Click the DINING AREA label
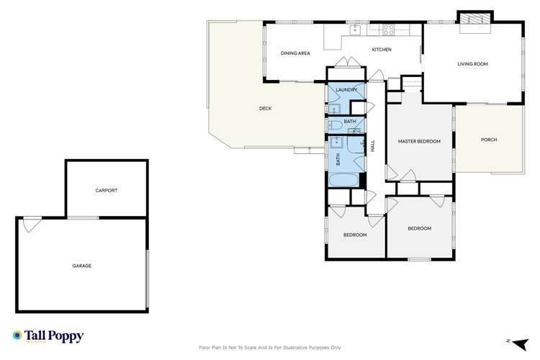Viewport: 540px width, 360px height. click(x=295, y=53)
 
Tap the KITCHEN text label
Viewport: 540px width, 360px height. click(x=381, y=49)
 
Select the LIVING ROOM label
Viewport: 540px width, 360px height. click(x=472, y=64)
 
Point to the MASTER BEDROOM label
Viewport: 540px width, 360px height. click(x=419, y=141)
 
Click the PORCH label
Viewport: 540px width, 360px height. click(x=489, y=140)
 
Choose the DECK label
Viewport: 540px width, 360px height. click(x=266, y=109)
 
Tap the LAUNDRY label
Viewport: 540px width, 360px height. click(x=346, y=89)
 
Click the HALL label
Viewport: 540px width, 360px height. click(x=373, y=145)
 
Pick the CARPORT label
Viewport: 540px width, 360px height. click(x=106, y=191)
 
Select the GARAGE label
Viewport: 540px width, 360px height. click(x=81, y=266)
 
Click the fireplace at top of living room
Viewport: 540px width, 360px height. click(x=474, y=20)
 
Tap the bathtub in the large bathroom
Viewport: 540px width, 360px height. click(x=345, y=179)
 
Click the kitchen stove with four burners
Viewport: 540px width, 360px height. click(x=389, y=30)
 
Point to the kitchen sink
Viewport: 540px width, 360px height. click(x=354, y=30)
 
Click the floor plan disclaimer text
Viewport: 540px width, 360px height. click(x=269, y=347)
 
